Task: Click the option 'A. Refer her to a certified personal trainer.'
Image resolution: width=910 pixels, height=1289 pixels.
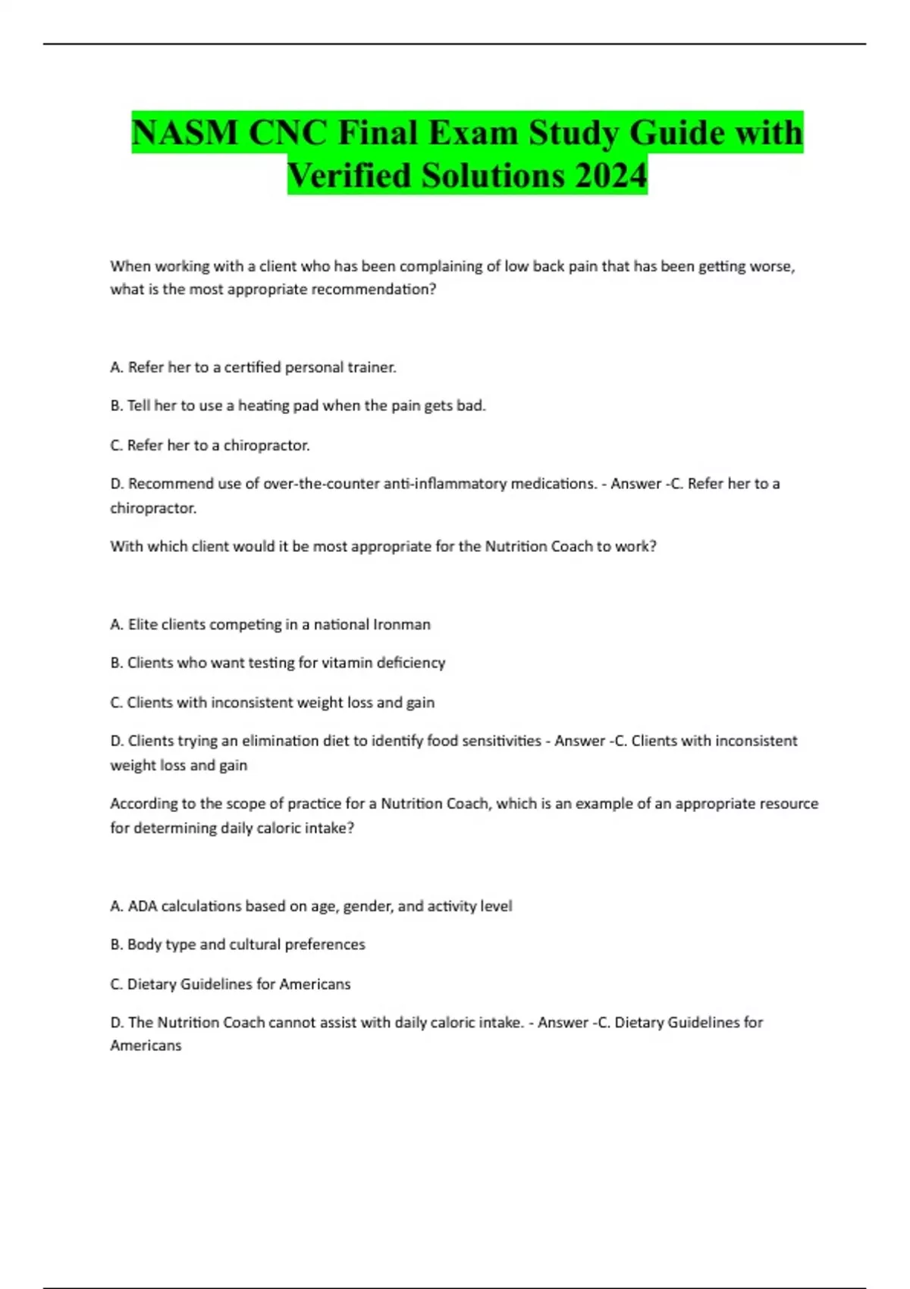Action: point(253,368)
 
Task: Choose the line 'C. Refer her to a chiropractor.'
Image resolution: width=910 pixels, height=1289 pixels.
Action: point(210,446)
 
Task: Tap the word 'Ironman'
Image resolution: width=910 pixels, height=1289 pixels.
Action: point(403,625)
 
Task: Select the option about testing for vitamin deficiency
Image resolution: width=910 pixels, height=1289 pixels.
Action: point(278,663)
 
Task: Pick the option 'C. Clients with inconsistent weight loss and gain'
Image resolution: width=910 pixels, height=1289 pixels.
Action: point(272,703)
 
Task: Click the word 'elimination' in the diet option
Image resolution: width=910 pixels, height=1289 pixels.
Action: point(275,741)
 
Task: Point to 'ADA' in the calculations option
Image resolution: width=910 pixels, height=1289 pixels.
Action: point(143,906)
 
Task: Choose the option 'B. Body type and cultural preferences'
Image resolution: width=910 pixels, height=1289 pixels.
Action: point(237,945)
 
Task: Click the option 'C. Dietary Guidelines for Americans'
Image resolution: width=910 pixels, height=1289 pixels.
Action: point(231,984)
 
